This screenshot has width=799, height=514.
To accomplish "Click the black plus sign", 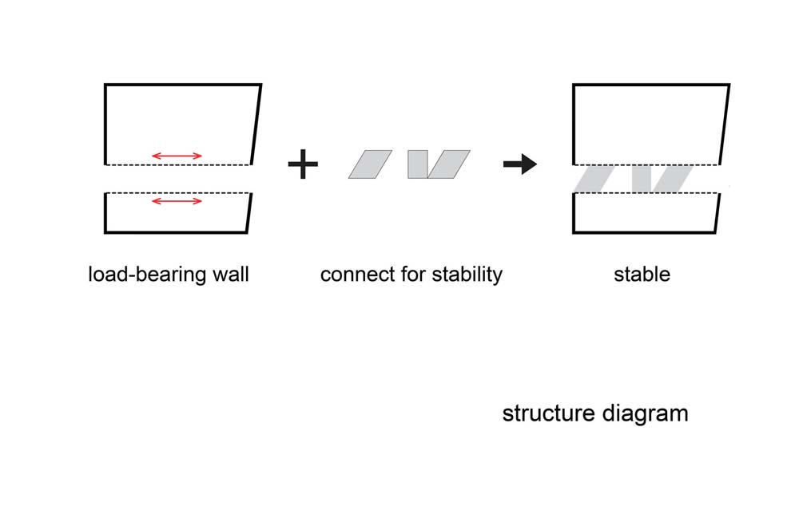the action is point(303,164).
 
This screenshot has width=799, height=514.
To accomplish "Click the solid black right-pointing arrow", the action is point(520,164).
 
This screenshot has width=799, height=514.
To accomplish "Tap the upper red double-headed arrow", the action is point(177,156).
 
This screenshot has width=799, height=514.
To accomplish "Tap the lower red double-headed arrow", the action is point(177,201).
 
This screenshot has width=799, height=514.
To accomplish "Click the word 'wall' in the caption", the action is point(231,275).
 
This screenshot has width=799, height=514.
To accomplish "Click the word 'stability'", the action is point(467,275).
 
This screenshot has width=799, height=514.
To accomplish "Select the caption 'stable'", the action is point(642,275).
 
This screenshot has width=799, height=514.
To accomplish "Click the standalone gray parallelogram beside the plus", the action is point(371,164).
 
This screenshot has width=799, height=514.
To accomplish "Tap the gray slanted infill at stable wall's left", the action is point(594,179).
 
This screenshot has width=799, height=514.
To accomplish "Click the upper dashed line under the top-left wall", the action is point(178,165).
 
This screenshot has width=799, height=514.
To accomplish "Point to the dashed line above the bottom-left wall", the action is point(178,193).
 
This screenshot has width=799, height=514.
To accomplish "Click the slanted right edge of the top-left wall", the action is point(256,125).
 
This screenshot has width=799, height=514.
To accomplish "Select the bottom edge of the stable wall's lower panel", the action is point(645,232).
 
